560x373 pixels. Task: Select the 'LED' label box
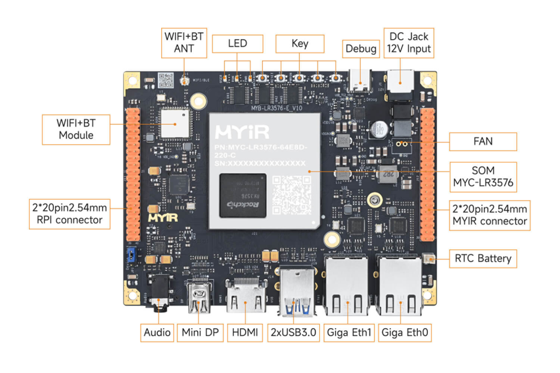pos(237,44)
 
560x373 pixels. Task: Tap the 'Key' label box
pos(300,44)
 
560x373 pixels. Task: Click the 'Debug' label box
pos(361,48)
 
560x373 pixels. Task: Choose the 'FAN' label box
pos(483,141)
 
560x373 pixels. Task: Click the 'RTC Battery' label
pos(482,259)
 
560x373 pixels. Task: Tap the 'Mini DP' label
pos(200,333)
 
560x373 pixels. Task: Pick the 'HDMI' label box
pos(244,333)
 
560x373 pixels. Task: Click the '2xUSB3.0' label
pos(293,333)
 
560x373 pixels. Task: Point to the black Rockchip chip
pos(241,196)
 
